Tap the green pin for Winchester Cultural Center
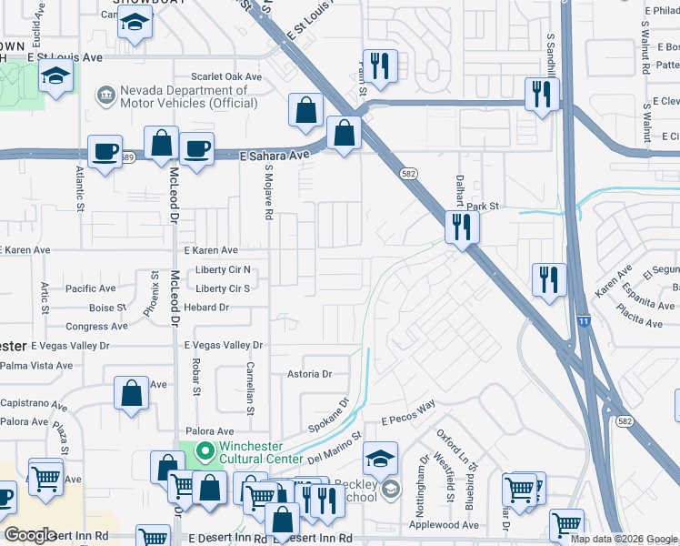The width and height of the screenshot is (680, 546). (x=205, y=450)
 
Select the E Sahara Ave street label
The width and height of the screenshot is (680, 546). (x=275, y=157)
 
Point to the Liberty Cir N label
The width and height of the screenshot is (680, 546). (x=223, y=270)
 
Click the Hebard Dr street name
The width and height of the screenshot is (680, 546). (x=205, y=308)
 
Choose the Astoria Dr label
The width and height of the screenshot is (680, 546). (x=310, y=374)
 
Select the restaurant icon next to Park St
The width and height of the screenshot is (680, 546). (x=462, y=226)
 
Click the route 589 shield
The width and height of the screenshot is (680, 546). (x=128, y=158)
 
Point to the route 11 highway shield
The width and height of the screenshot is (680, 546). (x=582, y=322)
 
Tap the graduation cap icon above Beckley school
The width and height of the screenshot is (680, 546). (x=381, y=457)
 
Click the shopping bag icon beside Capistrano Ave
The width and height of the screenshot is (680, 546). (x=131, y=392)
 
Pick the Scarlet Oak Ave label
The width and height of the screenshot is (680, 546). (x=225, y=77)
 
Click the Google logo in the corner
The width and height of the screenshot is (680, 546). (x=30, y=535)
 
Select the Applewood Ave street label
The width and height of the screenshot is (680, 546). (x=445, y=525)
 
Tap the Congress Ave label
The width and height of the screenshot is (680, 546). (x=97, y=326)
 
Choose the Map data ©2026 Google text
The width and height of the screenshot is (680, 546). (x=623, y=539)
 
